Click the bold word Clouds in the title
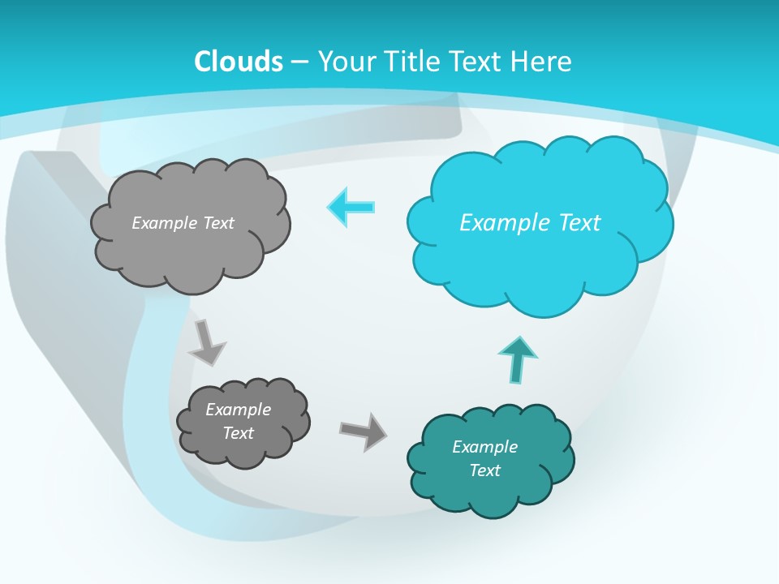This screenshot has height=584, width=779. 239,62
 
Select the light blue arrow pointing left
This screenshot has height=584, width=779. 351,207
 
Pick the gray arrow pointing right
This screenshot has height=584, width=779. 363,431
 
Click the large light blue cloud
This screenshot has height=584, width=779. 539,224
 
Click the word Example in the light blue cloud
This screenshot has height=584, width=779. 502,222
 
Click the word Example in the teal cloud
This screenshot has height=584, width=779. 484,447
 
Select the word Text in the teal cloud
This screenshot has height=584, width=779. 484,470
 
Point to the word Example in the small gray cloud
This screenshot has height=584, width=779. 238,410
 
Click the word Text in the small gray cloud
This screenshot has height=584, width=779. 238,433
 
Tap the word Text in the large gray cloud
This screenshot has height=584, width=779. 218,223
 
